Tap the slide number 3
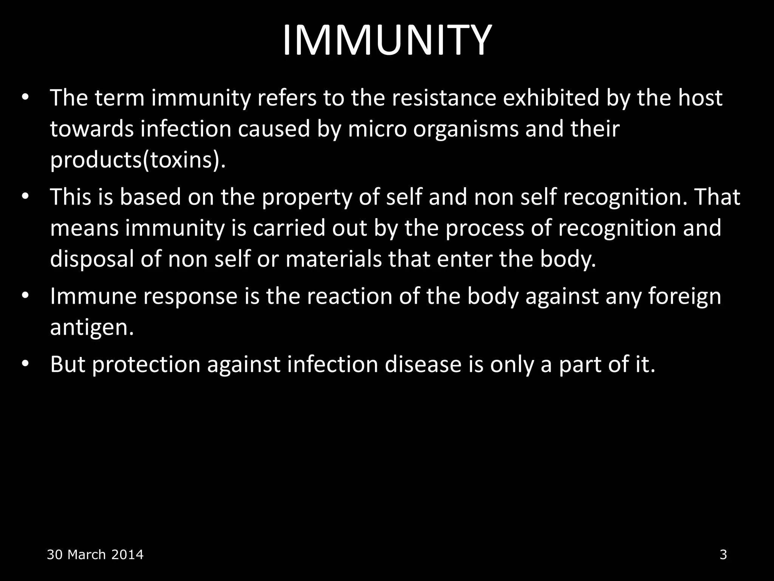point(723,555)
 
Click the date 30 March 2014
point(95,555)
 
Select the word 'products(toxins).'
point(138,160)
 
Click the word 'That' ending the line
point(717,197)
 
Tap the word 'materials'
point(334,259)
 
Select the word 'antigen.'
point(92,328)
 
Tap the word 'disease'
point(423,364)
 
